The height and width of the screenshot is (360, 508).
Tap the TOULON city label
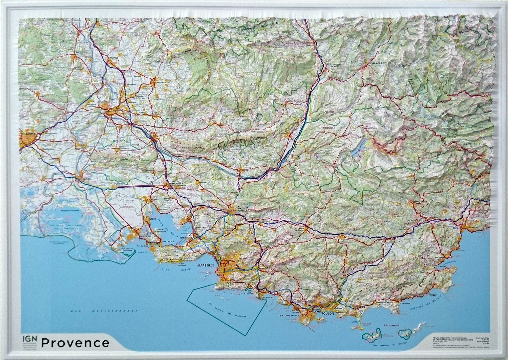coord(328,314)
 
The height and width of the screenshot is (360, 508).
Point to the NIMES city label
coord(27,134)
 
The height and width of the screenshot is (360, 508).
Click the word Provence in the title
coord(75,343)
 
